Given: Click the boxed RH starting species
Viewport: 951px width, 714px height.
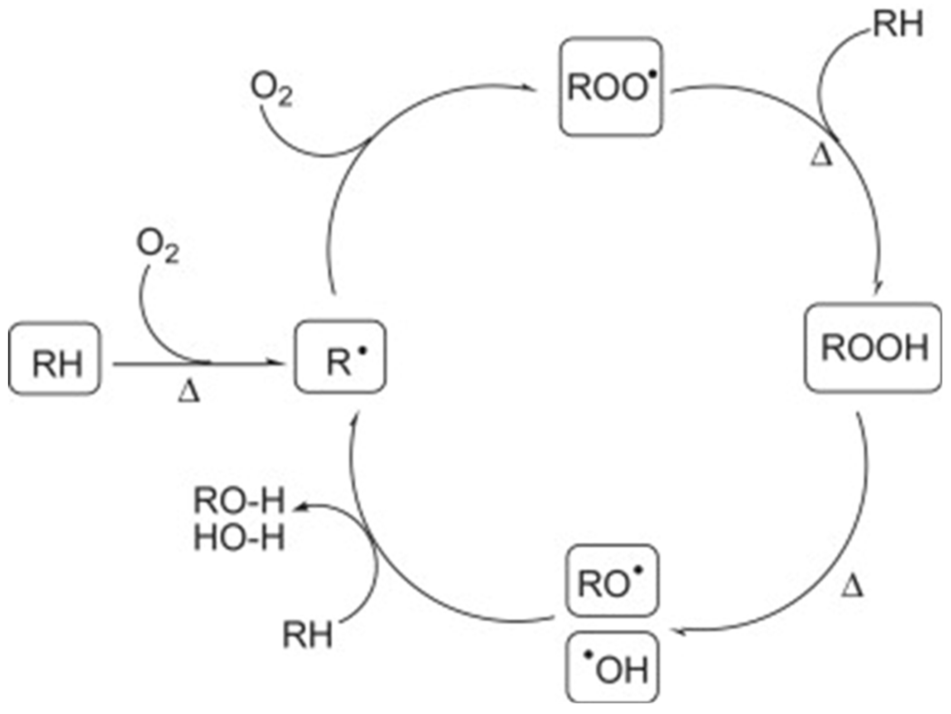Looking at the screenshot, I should pos(54,358).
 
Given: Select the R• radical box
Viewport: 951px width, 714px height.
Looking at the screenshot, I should pos(340,357).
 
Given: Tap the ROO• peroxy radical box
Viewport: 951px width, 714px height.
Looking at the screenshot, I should pos(611,87).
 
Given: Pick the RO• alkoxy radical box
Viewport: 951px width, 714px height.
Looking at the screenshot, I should pos(612,581).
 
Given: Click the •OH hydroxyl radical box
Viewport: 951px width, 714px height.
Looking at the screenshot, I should pos(612,666).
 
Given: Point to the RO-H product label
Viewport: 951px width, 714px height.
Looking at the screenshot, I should pos(239,501).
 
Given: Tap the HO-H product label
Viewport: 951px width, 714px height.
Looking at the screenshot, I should pos(239,538).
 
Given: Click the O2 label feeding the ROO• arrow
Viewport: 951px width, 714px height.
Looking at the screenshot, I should pos(271,89).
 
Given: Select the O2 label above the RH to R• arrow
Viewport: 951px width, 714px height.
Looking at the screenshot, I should pos(158,246).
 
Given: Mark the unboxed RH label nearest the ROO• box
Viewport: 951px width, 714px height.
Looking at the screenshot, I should pos(898,24).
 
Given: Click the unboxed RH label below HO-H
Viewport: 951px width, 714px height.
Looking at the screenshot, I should pos(308,635).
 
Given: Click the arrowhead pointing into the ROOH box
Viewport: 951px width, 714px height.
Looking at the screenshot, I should pos(878,288).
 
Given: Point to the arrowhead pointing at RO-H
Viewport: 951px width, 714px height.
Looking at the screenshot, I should pos(299,508).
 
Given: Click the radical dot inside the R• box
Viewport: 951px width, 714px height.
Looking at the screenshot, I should pos(362,350).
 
